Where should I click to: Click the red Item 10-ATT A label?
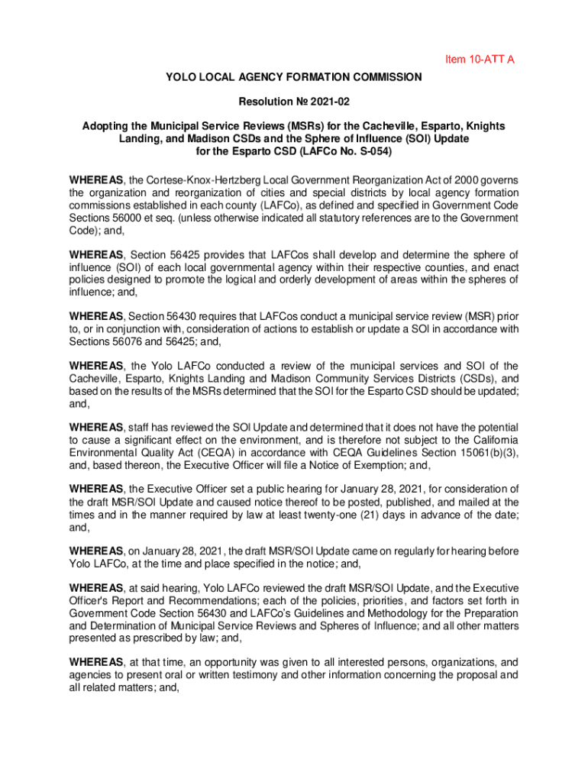(480, 59)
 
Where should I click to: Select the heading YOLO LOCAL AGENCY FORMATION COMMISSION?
(293, 77)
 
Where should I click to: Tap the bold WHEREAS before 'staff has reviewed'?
(97, 427)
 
